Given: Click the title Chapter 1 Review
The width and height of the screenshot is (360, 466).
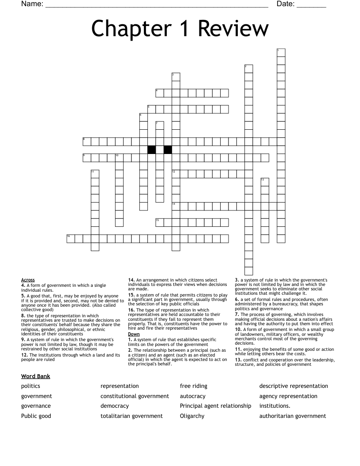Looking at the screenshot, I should (180, 29).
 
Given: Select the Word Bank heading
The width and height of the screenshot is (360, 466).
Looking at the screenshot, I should (35, 376).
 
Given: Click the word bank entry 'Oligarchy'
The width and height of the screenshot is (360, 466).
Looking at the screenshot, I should (192, 416).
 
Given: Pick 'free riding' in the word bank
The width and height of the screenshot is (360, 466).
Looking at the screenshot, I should (193, 386).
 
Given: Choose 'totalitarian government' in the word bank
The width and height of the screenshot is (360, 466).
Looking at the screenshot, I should (131, 416).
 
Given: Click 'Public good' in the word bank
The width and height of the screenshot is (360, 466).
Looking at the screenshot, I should (36, 416).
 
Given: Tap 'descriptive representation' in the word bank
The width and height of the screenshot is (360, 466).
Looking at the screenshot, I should (293, 386).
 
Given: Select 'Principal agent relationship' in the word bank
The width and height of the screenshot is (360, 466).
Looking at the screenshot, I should (215, 406).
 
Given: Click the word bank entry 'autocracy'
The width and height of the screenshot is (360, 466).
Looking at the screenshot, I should (193, 396).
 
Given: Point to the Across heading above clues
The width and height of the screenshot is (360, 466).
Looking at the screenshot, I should (28, 280).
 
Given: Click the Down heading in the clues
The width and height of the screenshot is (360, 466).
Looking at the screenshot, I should (134, 334).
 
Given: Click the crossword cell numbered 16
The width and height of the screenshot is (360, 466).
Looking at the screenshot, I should (71, 239).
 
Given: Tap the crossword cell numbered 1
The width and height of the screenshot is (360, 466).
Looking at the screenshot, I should (281, 53).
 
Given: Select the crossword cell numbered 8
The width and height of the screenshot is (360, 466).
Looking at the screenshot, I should (87, 141).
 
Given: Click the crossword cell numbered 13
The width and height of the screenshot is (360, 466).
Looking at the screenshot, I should (265, 182).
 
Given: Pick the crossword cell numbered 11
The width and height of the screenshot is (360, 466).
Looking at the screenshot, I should (95, 174).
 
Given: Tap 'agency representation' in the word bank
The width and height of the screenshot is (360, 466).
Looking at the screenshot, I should (288, 396).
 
